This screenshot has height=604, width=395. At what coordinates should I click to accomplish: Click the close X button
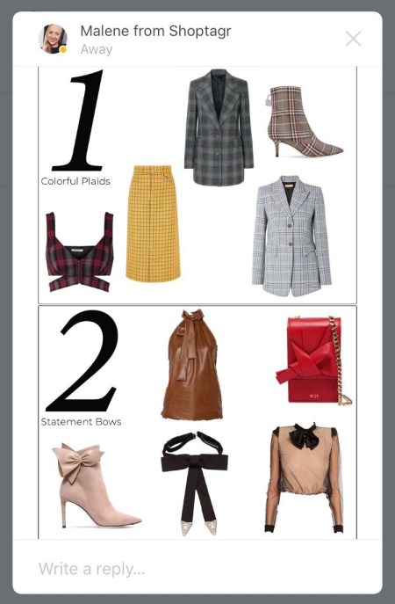click(x=353, y=39)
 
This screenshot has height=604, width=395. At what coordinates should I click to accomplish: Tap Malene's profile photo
click(x=53, y=39)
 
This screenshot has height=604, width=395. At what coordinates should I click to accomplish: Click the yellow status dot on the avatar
click(x=63, y=49)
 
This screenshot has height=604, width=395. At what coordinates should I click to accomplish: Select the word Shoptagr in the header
click(x=200, y=31)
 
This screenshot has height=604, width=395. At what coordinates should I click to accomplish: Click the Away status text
click(x=97, y=49)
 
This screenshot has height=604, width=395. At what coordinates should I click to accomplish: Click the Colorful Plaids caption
click(x=75, y=181)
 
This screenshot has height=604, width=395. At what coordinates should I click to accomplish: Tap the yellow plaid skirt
click(x=153, y=223)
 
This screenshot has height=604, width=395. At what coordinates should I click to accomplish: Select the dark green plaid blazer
click(x=219, y=127)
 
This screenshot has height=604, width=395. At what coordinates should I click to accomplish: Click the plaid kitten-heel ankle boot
click(x=302, y=121)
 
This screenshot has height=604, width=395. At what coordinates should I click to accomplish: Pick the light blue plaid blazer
click(x=291, y=236)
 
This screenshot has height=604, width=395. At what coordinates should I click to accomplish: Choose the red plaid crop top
click(x=79, y=252)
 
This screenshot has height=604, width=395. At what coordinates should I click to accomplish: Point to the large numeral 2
click(x=83, y=361)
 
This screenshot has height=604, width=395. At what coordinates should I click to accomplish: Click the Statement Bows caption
click(x=81, y=422)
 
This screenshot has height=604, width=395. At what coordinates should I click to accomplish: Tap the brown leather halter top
click(x=192, y=365)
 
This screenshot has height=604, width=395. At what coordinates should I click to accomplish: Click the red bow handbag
click(x=313, y=360)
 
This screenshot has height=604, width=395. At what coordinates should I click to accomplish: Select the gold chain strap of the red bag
click(x=339, y=361)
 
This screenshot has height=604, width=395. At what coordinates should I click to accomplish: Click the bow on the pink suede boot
click(x=78, y=461)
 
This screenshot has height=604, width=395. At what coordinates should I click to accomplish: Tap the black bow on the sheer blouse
click(x=305, y=436)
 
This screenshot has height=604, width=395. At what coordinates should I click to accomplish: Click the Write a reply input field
click(x=197, y=568)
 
